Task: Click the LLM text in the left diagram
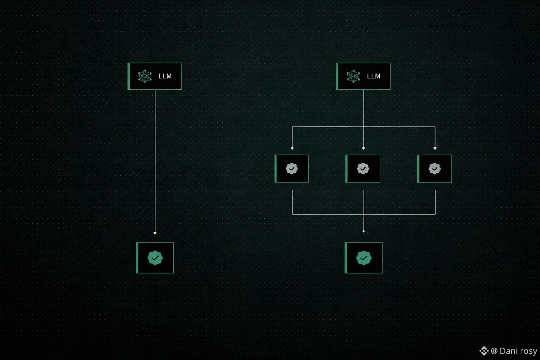click(x=165, y=76)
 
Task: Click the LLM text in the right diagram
click(x=373, y=76)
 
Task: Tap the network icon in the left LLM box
click(x=144, y=76)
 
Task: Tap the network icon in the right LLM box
click(x=353, y=76)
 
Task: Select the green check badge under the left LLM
click(x=155, y=258)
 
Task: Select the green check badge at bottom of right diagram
click(x=364, y=258)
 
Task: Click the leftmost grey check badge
click(x=291, y=169)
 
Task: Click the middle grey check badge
click(x=363, y=169)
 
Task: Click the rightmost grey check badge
click(x=435, y=169)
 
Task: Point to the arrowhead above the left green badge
click(x=155, y=233)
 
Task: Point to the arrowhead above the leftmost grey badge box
click(x=292, y=148)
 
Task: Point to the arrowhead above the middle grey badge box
click(x=364, y=148)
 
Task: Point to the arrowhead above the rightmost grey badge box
click(x=435, y=148)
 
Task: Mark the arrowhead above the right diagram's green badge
click(x=364, y=231)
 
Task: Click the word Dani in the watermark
click(x=508, y=351)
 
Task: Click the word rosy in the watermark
click(x=528, y=351)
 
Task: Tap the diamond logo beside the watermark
click(x=484, y=351)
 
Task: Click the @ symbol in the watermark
click(x=494, y=351)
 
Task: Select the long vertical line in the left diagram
click(x=155, y=158)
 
